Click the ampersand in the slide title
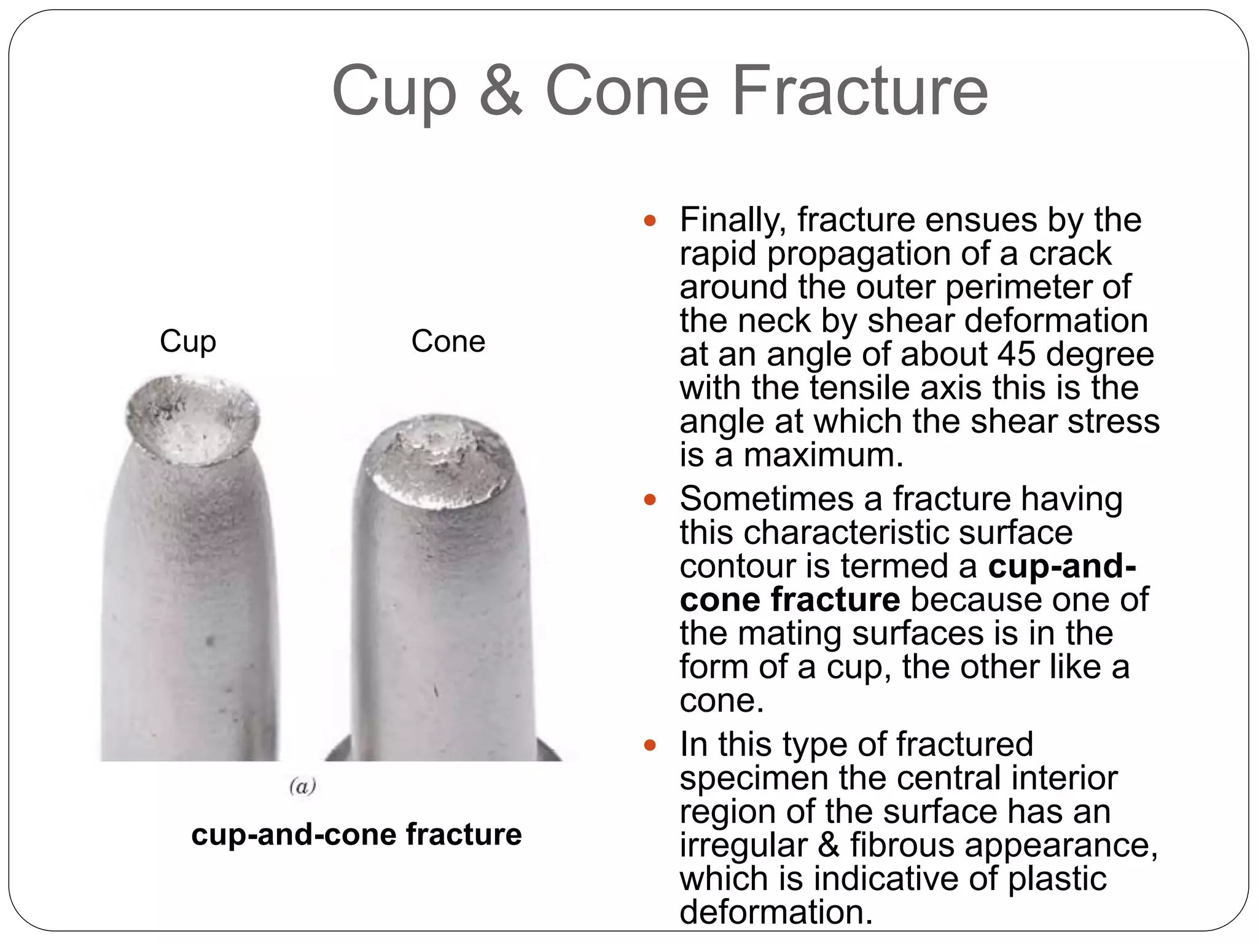(x=501, y=91)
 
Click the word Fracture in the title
(x=860, y=91)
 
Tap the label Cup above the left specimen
(x=188, y=342)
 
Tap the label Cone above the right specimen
(x=448, y=341)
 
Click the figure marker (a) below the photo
(x=302, y=786)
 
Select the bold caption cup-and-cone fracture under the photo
(x=356, y=835)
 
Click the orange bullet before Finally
(x=650, y=221)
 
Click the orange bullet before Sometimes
(x=650, y=500)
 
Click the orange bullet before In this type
(x=650, y=745)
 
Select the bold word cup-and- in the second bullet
(x=1061, y=566)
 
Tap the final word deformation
(x=776, y=912)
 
